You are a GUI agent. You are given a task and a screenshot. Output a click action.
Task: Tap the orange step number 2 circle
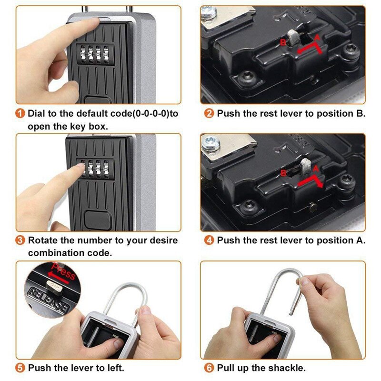point(210,114)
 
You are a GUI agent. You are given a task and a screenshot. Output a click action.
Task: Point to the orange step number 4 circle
point(210,241)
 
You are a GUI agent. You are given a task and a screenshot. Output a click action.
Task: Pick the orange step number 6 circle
point(210,368)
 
